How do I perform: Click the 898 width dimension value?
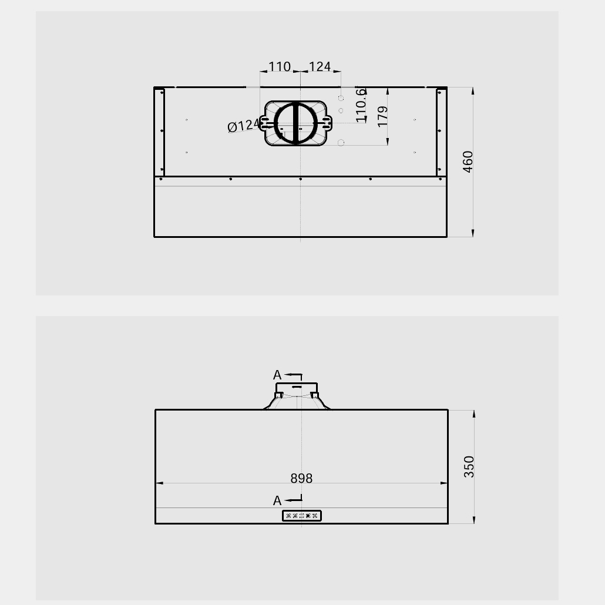click(x=301, y=479)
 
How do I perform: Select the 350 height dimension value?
click(x=469, y=466)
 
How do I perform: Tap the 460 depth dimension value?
click(x=468, y=162)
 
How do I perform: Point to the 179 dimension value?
click(x=382, y=116)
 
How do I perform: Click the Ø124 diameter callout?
click(x=244, y=125)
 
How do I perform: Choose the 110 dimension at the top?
click(x=280, y=66)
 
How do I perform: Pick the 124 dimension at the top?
click(x=320, y=66)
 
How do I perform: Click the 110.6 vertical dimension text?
click(x=361, y=105)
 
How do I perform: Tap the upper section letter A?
click(x=277, y=375)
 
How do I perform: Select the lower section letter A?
click(x=277, y=501)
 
